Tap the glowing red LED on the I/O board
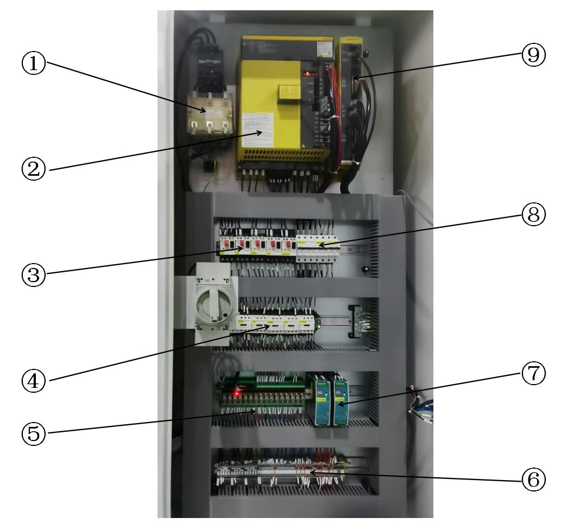pos(237,392)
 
